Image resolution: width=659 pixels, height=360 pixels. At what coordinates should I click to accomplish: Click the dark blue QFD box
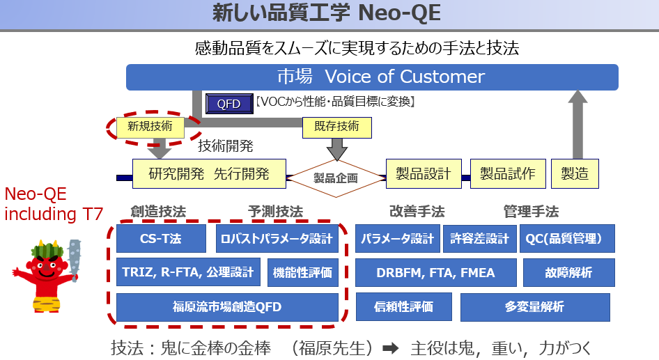[x=229, y=104]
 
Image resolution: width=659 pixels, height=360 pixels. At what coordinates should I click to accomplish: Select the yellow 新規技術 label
[x=150, y=127]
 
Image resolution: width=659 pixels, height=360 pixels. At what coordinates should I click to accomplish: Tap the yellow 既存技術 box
[x=337, y=127]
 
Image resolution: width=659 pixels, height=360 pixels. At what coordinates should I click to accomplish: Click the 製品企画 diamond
[x=336, y=178]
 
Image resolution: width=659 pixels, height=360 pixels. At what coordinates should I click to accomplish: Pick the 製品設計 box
[x=424, y=173]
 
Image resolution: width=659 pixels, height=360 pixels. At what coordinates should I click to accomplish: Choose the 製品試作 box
[x=508, y=173]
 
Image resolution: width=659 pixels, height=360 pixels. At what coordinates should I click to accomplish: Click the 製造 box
[x=575, y=173]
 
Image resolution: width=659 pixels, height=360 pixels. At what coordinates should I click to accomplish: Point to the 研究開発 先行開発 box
[x=209, y=173]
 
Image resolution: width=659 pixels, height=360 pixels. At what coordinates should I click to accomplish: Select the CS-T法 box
[x=161, y=239]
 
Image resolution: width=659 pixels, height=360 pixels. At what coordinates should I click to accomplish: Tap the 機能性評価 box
[x=302, y=273]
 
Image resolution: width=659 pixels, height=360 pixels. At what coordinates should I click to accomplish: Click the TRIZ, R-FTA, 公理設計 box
[x=188, y=272]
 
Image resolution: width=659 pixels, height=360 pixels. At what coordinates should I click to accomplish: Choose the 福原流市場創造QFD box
[x=227, y=307]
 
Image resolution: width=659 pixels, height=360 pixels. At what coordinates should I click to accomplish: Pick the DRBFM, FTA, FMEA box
[x=436, y=273]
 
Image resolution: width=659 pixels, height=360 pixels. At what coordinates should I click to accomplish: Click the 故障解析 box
[x=568, y=273]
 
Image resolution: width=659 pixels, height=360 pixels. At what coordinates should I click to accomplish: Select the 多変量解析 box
[x=535, y=307]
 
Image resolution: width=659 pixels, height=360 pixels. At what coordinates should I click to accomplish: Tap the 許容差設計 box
[x=479, y=239]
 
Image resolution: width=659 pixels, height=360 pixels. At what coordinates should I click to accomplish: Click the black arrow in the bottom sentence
[x=390, y=348]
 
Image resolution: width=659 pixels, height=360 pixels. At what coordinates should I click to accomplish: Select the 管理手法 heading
[x=532, y=211]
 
